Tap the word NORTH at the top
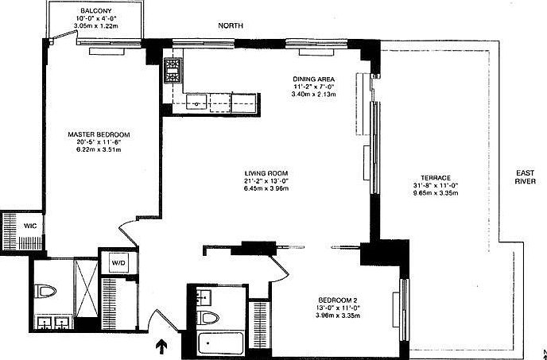point(231,26)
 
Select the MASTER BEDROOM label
point(98,134)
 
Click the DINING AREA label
point(317,79)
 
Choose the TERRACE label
point(436,177)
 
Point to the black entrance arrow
point(162,346)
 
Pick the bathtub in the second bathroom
point(218,345)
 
